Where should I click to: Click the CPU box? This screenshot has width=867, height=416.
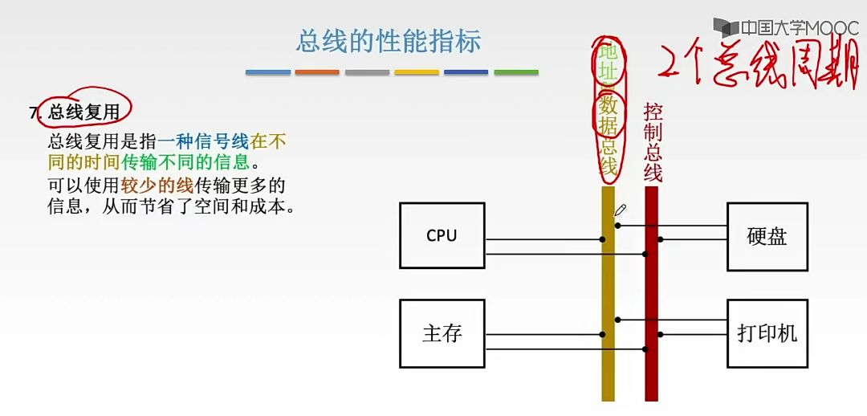pos(442,235)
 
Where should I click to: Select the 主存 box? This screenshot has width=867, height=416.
pos(442,333)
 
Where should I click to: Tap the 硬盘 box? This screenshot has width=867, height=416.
pos(767,237)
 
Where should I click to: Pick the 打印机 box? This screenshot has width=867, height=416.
pos(767,333)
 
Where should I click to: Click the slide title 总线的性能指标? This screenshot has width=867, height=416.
pos(389,42)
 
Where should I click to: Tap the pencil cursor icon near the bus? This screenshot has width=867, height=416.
pos(620,210)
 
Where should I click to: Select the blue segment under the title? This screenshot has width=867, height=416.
pos(268,72)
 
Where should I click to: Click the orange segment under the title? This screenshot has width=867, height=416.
pos(317,72)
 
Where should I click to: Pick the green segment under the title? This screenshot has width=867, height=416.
pos(516,72)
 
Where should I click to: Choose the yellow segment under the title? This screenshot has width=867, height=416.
pos(417,72)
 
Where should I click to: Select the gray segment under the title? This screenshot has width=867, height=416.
pos(367,72)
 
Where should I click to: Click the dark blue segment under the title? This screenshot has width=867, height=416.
pos(466,72)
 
